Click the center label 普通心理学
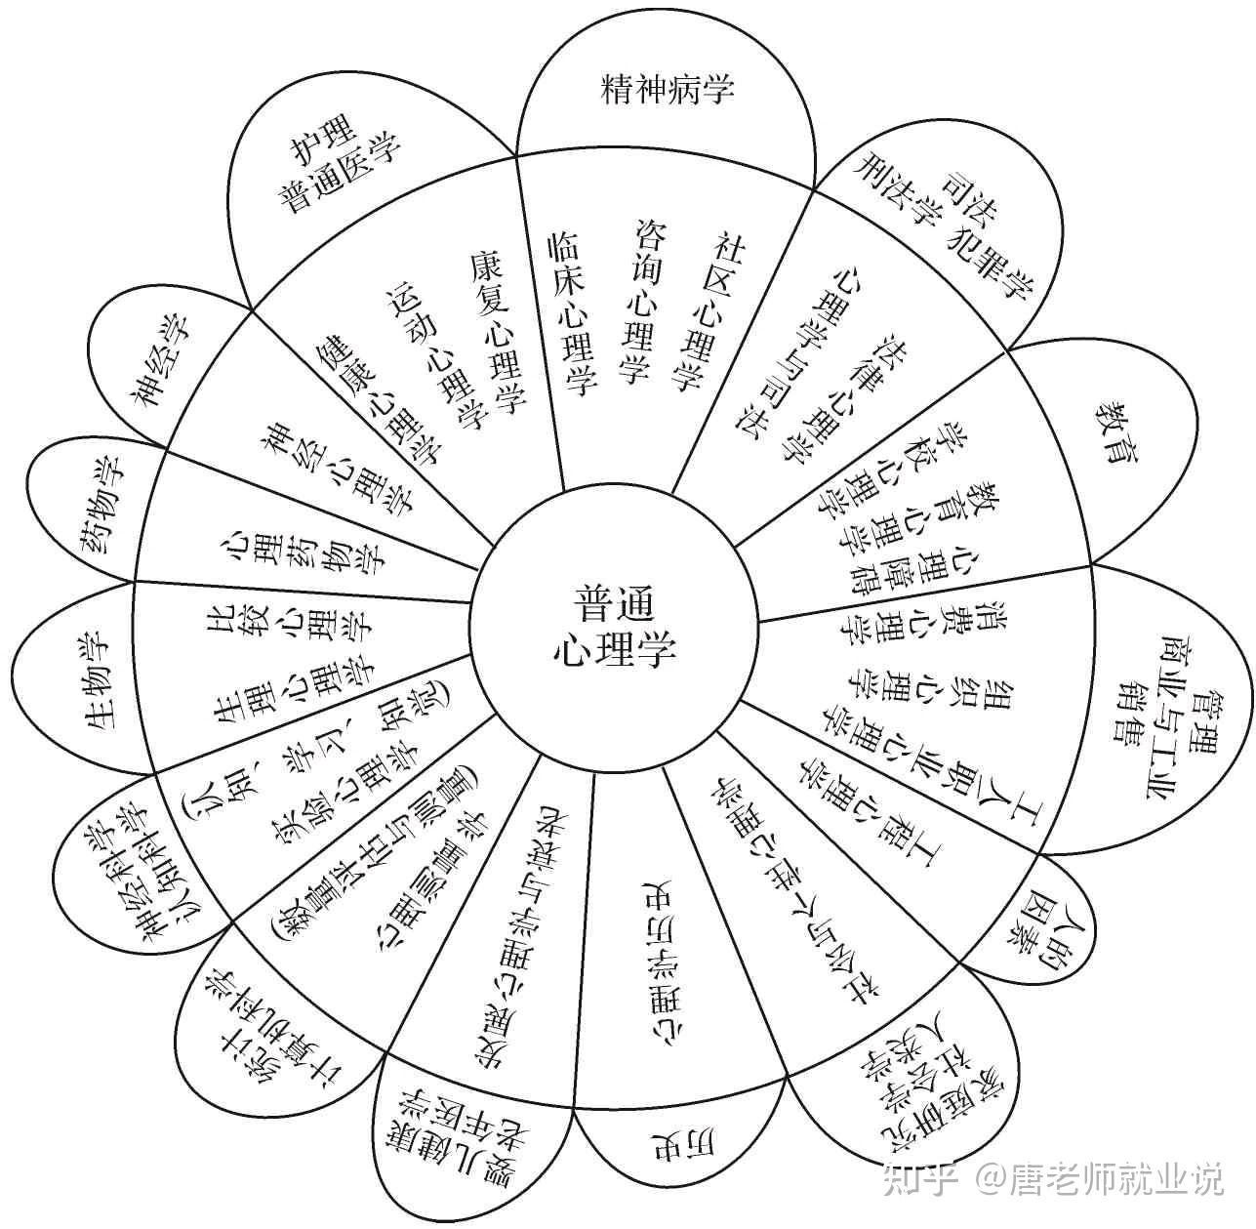pyautogui.click(x=613, y=624)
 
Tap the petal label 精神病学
pyautogui.click(x=668, y=90)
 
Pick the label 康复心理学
pyautogui.click(x=497, y=333)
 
